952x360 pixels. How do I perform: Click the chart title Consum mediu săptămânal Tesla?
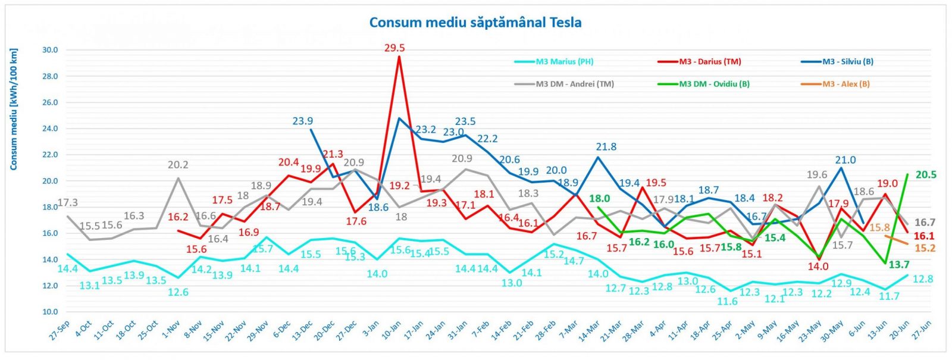click(475, 22)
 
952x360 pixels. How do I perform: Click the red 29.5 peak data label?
click(394, 48)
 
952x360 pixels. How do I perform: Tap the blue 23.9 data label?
click(303, 121)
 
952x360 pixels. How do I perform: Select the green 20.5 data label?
click(926, 175)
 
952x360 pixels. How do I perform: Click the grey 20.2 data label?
click(178, 164)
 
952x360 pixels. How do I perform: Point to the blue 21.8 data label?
click(606, 146)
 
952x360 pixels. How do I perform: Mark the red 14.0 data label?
click(818, 267)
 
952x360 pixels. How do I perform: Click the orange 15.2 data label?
click(925, 248)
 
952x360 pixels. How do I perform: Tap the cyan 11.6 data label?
click(727, 301)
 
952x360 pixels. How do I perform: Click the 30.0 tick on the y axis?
click(50, 50)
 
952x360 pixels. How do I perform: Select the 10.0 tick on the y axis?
click(50, 312)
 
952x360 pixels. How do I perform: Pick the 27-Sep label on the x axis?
click(59, 330)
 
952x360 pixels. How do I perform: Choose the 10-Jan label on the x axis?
click(390, 330)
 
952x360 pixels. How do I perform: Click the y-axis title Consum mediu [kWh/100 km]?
click(14, 109)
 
